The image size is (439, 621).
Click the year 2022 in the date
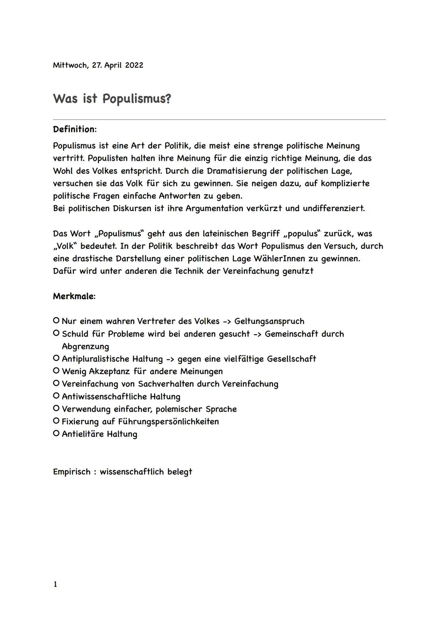tap(134, 65)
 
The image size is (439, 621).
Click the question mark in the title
tap(168, 99)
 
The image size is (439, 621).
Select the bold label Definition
tap(74, 129)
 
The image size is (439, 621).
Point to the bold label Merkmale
tap(73, 296)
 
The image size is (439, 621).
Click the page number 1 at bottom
tap(55, 584)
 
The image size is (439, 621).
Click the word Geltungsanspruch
tap(269, 321)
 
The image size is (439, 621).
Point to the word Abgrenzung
tap(85, 346)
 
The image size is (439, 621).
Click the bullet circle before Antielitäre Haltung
tap(56, 434)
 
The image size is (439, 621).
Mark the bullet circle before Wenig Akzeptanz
tap(56, 371)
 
